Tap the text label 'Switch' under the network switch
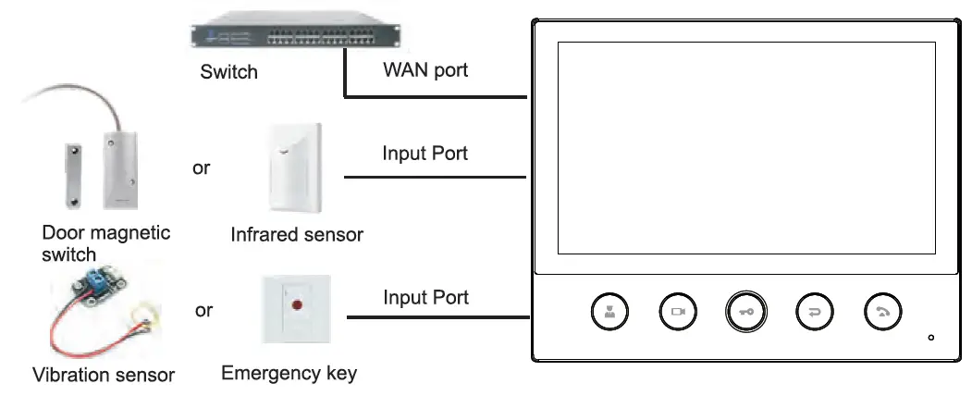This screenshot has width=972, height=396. (228, 71)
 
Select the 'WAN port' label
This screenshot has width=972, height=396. (425, 70)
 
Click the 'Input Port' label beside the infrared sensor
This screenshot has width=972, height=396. (424, 154)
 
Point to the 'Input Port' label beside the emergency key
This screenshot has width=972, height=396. (425, 298)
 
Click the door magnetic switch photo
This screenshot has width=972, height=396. (102, 162)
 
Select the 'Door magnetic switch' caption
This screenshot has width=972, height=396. (105, 242)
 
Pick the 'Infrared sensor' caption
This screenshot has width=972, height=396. (296, 235)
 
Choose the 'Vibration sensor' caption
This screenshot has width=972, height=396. (103, 375)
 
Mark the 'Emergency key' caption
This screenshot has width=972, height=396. (289, 374)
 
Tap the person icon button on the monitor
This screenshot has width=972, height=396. (609, 313)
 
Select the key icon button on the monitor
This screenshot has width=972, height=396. (745, 313)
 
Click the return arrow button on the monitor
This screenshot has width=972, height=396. (814, 313)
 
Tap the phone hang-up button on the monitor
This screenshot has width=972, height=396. (882, 313)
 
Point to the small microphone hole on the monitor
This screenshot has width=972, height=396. (930, 337)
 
